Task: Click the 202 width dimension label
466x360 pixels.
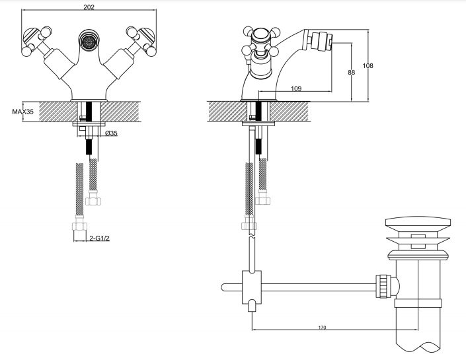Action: (x=89, y=7)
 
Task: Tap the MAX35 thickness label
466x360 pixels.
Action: (x=23, y=112)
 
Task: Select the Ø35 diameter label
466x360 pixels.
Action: (x=111, y=133)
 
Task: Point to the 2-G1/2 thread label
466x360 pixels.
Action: (x=100, y=238)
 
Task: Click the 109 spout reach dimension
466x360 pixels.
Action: (x=296, y=89)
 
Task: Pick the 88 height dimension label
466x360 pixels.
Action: (x=351, y=72)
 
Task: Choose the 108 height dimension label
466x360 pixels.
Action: (x=368, y=65)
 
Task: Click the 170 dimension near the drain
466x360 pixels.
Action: (x=322, y=328)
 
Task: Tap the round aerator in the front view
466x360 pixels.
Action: (x=88, y=40)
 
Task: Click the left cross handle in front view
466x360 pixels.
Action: (x=37, y=42)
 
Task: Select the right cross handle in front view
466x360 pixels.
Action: (x=141, y=42)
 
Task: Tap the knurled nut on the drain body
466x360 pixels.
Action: (x=382, y=287)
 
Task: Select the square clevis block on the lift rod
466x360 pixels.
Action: (x=252, y=287)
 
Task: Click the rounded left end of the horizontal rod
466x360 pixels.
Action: (x=223, y=287)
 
